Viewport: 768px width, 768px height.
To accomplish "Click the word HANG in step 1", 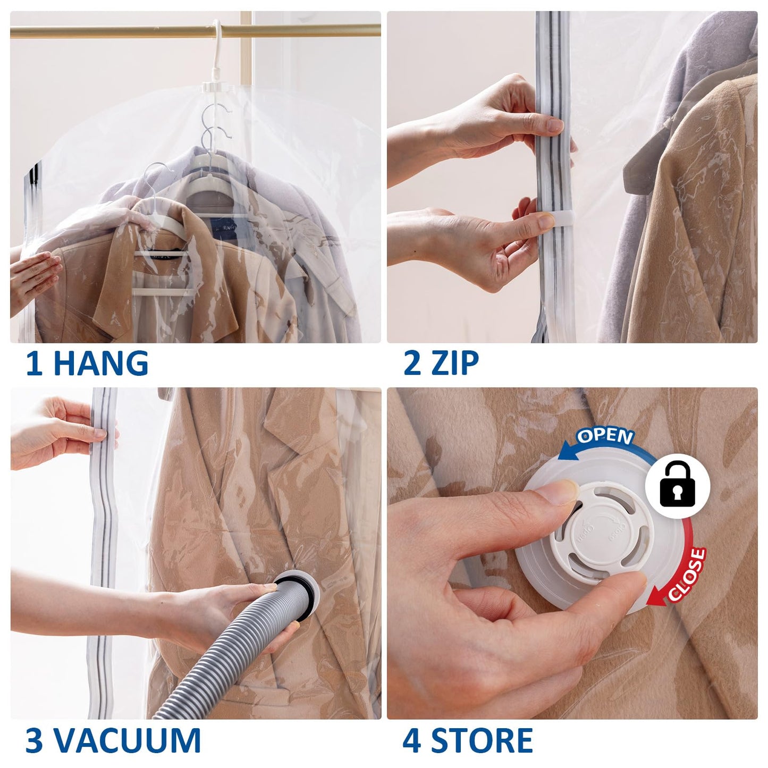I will tap(101, 364).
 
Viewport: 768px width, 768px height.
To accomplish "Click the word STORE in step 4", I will tap(482, 740).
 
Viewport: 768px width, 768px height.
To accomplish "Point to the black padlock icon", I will tap(678, 485).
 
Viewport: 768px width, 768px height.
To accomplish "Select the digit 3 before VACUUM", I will tap(35, 740).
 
